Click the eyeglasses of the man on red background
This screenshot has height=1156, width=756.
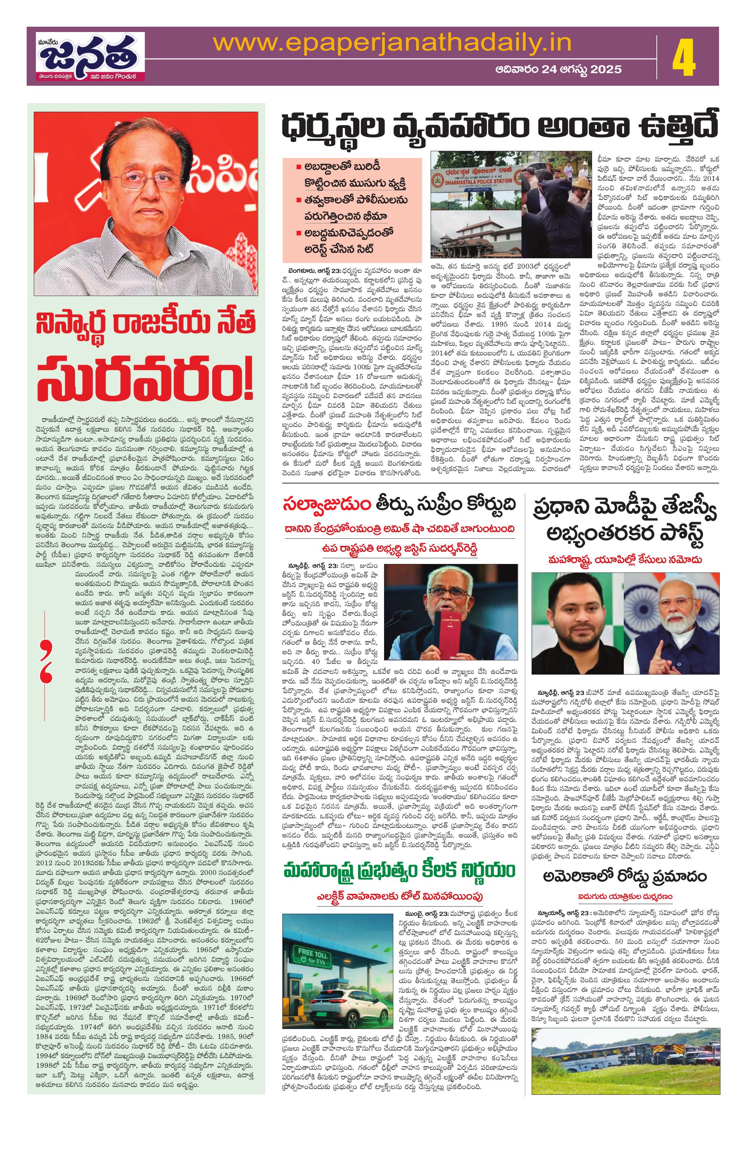tap(145, 182)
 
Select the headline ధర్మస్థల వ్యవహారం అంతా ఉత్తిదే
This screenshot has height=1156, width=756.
tap(500, 129)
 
